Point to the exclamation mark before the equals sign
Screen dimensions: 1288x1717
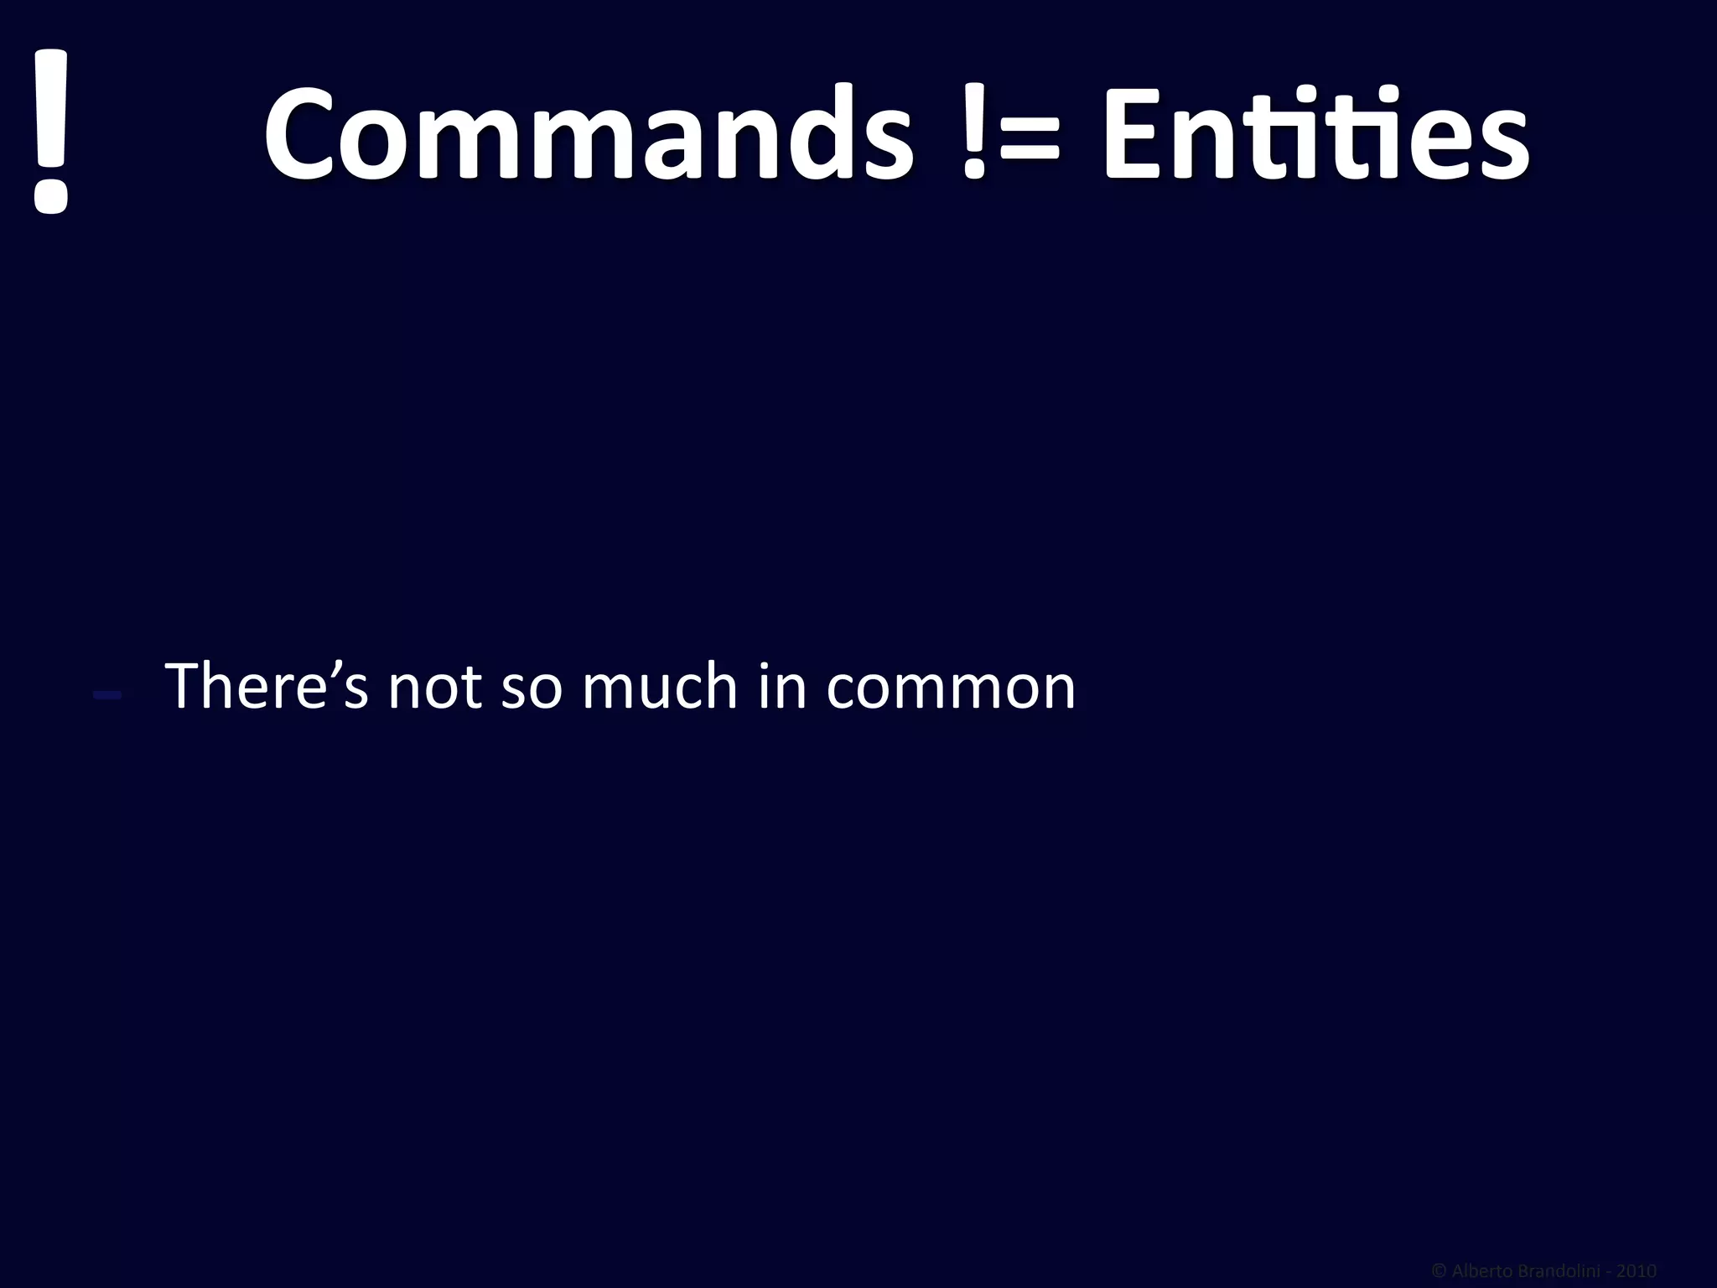coord(974,134)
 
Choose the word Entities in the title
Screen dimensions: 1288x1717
coord(1315,134)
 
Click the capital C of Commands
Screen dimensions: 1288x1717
coord(305,134)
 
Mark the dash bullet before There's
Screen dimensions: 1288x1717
coord(108,693)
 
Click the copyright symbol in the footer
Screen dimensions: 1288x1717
coord(1439,1271)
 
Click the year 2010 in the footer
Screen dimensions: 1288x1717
coord(1637,1271)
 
